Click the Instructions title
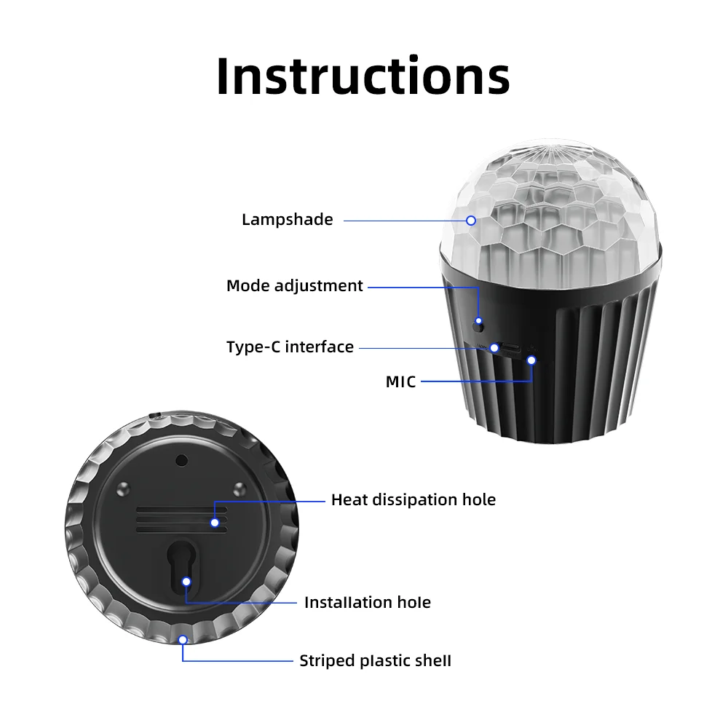[x=363, y=76]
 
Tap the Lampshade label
[x=288, y=220]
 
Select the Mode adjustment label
[x=294, y=286]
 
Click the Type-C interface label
[x=290, y=347]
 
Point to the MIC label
[x=400, y=381]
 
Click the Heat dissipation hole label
[x=414, y=499]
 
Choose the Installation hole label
[x=367, y=602]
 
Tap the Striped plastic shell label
[x=375, y=661]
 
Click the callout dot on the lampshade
[x=471, y=221]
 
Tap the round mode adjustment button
[x=478, y=325]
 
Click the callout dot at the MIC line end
[x=531, y=360]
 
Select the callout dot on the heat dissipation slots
[x=215, y=523]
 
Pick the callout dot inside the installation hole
[x=186, y=582]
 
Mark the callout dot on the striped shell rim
[x=183, y=640]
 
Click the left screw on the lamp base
[x=123, y=488]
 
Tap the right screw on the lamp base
[x=240, y=488]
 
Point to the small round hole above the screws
[x=181, y=461]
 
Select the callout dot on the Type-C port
[x=494, y=348]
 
